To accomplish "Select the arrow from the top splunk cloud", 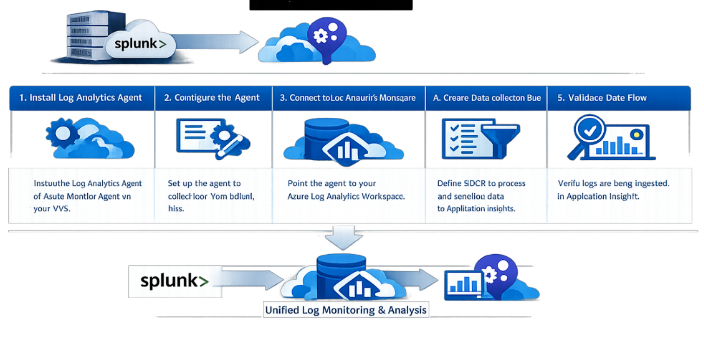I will (214, 43).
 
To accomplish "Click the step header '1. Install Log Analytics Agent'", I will (81, 98).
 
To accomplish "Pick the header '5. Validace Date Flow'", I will (602, 98).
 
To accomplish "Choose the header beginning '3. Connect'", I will (348, 98).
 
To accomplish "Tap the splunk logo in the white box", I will (175, 281).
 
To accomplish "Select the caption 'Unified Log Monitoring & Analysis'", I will (345, 310).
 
